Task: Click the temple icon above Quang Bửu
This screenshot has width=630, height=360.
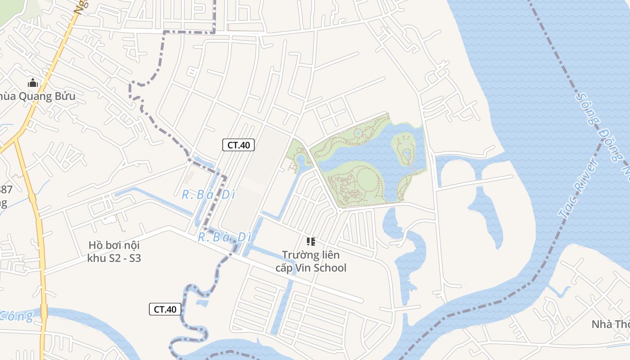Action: tap(32, 83)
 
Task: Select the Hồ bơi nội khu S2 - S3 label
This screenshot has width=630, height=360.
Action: tap(114, 252)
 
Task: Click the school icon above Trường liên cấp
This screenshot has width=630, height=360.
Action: tap(310, 242)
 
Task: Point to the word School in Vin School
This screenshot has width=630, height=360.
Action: tap(329, 268)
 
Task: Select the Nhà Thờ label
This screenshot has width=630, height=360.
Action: tap(610, 324)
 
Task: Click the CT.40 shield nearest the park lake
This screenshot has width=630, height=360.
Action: tap(238, 145)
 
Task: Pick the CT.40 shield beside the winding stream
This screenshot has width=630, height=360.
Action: tap(165, 309)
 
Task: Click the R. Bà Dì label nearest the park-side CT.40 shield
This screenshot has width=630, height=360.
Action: tap(205, 195)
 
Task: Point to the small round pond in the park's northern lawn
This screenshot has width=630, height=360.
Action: tap(358, 133)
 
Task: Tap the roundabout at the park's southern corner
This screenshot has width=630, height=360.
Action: tap(340, 210)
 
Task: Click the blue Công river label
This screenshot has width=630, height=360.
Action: tap(16, 316)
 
